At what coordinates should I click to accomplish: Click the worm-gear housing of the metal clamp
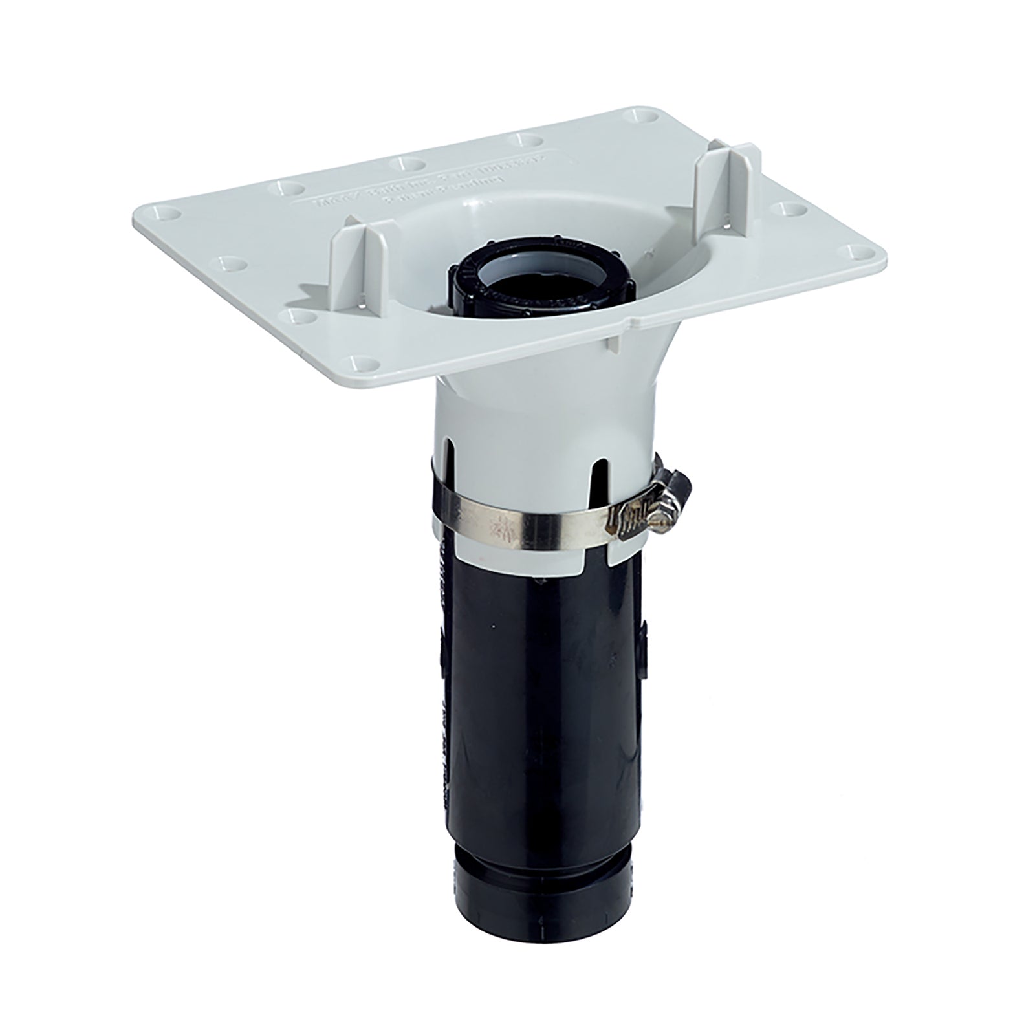tap(637, 518)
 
